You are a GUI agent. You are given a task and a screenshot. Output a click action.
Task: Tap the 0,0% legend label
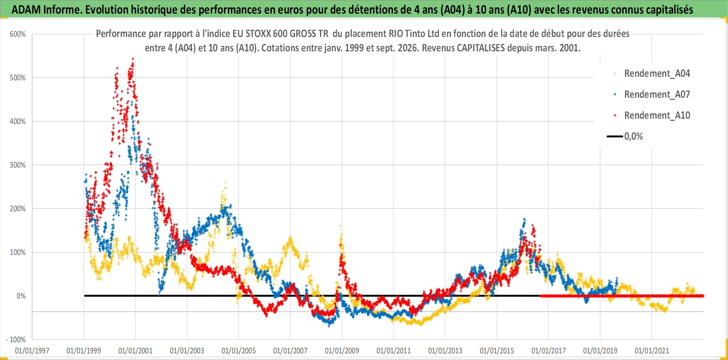pyautogui.click(x=633, y=137)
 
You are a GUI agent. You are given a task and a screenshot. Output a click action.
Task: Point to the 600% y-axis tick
pyautogui.click(x=18, y=34)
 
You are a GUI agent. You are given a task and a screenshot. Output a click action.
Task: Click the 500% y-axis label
pyautogui.click(x=18, y=78)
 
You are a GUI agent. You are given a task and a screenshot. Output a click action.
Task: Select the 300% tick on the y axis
pyautogui.click(x=18, y=165)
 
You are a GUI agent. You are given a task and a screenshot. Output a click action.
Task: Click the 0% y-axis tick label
pyautogui.click(x=21, y=296)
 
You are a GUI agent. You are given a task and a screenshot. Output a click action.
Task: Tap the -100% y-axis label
pyautogui.click(x=16, y=339)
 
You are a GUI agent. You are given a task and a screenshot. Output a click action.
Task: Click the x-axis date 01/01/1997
pyautogui.click(x=32, y=351)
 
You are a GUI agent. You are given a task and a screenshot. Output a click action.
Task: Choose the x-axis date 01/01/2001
pyautogui.click(x=135, y=351)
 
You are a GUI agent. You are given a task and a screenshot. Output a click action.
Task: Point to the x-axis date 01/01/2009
pyautogui.click(x=342, y=351)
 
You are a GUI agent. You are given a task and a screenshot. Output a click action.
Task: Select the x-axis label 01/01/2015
pyautogui.click(x=497, y=351)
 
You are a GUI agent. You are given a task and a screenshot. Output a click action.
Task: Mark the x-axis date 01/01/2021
pyautogui.click(x=652, y=351)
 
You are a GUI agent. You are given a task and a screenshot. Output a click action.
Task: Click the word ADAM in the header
pyautogui.click(x=26, y=10)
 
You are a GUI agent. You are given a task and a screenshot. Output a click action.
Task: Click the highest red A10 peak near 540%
pyautogui.click(x=133, y=59)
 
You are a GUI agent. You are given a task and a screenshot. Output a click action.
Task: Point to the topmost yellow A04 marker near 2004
pyautogui.click(x=225, y=182)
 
